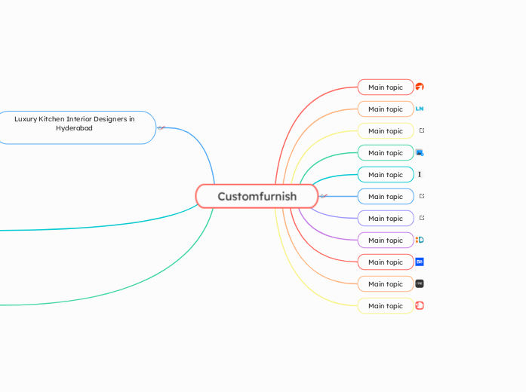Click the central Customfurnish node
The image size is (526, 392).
pos(257,196)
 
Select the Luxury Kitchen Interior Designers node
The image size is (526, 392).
pos(75,127)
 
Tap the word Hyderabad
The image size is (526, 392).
pos(74,128)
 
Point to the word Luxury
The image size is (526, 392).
pos(26,118)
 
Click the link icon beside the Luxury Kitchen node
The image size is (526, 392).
pos(161,127)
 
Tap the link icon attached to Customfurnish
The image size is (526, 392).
pos(324,196)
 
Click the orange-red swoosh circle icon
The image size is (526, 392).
pos(420,87)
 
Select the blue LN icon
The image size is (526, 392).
pos(420,109)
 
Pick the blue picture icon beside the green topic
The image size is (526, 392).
pos(420,152)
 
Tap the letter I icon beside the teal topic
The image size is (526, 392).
pos(420,174)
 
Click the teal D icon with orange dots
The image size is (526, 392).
pos(420,240)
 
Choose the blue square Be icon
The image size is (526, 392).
pos(420,262)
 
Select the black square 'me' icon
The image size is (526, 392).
pos(420,283)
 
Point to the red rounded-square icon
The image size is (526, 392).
pos(420,305)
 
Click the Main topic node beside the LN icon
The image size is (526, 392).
pos(386,109)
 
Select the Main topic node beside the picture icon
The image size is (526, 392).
pos(386,152)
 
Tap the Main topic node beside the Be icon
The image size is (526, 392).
pos(386,262)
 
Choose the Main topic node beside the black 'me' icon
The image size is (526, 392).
pos(386,283)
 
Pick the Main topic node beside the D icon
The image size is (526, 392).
pos(386,240)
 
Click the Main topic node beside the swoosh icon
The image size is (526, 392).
pos(386,87)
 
